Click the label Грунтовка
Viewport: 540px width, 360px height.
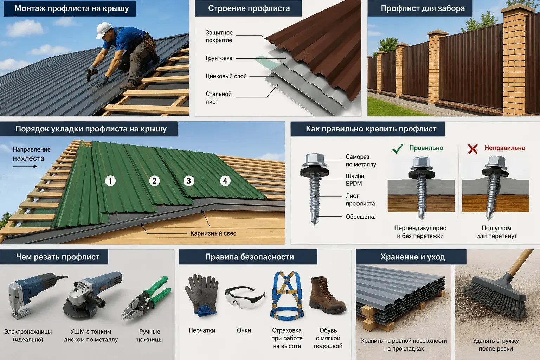pyautogui.click(x=219, y=58)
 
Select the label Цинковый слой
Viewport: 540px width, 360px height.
pyautogui.click(x=226, y=76)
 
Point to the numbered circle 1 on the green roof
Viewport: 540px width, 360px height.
pyautogui.click(x=110, y=181)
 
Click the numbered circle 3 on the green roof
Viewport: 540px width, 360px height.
pyautogui.click(x=189, y=181)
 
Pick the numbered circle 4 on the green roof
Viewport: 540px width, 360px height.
pyautogui.click(x=225, y=181)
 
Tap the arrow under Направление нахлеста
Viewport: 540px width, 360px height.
pyautogui.click(x=25, y=166)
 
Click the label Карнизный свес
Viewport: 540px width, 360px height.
pyautogui.click(x=213, y=233)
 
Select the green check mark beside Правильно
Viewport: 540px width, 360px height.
pyautogui.click(x=398, y=148)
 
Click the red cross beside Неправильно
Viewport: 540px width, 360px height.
pyautogui.click(x=473, y=149)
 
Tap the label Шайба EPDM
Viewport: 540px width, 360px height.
pyautogui.click(x=355, y=180)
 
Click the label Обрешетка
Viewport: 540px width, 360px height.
pyautogui.click(x=361, y=217)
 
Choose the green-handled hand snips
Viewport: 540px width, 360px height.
pyautogui.click(x=146, y=298)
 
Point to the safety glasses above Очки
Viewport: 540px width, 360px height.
pyautogui.click(x=245, y=297)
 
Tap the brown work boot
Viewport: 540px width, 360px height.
pyautogui.click(x=327, y=295)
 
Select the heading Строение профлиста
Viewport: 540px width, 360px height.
pyautogui.click(x=249, y=8)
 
